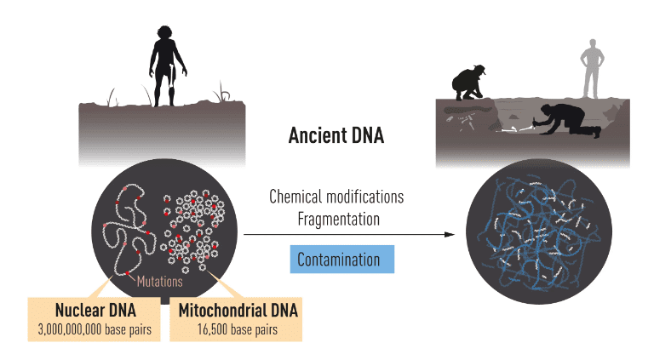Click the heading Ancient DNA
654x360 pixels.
[336, 135]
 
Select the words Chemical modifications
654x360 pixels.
[336, 197]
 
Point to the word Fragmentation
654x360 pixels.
[336, 218]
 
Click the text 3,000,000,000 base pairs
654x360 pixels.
[95, 329]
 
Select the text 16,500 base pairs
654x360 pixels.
[238, 329]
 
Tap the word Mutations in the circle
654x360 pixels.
[159, 279]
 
